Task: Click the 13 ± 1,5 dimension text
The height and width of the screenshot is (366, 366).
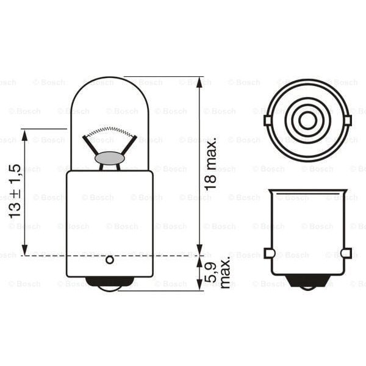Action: point(15,191)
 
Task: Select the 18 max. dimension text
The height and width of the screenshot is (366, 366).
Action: point(211,164)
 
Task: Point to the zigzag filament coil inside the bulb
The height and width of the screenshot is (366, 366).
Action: point(110,131)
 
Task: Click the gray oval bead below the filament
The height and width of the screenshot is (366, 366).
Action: point(110,158)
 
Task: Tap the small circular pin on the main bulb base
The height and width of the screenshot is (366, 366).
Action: point(110,260)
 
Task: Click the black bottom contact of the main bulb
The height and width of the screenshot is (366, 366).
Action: point(110,282)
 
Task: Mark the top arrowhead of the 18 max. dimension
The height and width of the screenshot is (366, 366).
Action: point(199,82)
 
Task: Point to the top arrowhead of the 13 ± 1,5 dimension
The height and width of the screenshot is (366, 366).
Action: point(24,134)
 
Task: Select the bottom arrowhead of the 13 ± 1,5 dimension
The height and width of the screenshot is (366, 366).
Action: point(24,250)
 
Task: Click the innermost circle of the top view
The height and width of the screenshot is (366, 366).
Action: point(308,120)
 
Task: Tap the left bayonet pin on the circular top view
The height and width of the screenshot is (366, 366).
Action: point(268,120)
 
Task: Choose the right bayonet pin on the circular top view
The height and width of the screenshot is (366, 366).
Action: point(348,120)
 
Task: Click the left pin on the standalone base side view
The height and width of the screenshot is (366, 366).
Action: point(268,253)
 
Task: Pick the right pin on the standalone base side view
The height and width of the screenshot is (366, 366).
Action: point(346,253)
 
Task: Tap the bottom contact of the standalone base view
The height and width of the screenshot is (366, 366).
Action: point(308,281)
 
